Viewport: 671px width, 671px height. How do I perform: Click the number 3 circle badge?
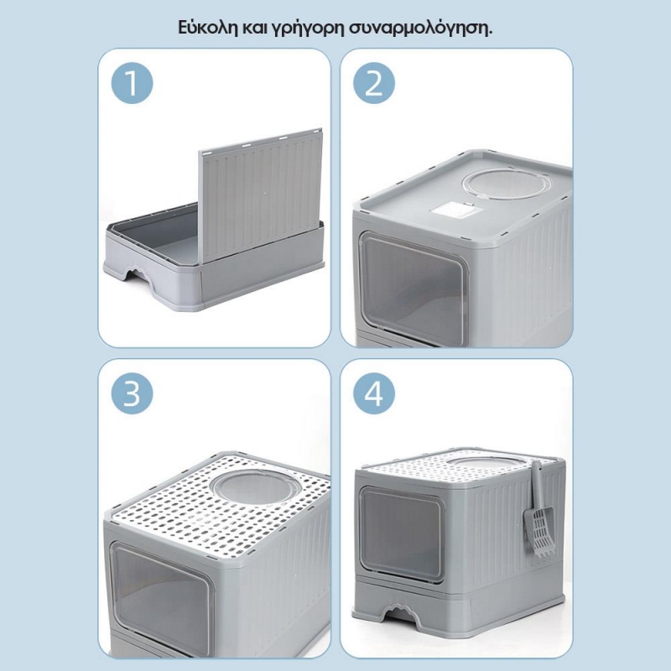point(133,393)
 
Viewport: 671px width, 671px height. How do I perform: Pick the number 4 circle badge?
point(374,393)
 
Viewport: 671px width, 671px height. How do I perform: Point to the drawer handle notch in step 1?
point(138,274)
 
